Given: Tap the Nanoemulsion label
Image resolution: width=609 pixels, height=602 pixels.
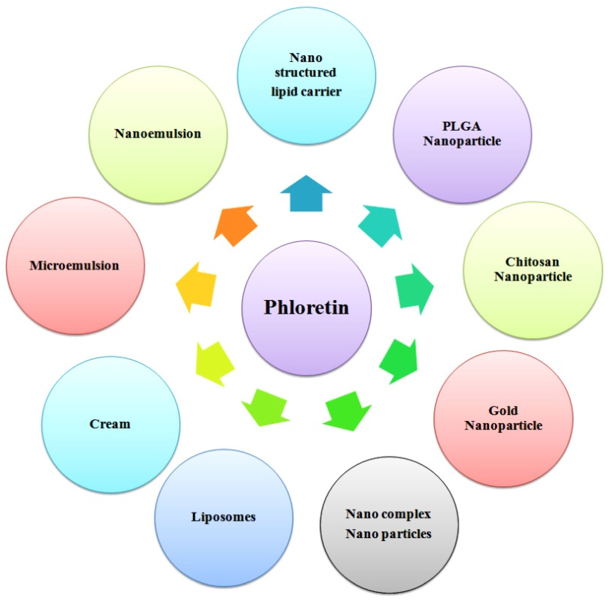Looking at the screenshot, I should click(x=158, y=134).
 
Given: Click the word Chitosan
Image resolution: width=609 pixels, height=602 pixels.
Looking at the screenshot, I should click(x=532, y=262).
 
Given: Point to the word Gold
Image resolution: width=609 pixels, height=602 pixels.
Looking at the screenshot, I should click(x=503, y=411).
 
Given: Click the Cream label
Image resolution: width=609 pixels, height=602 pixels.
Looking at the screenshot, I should click(x=110, y=424).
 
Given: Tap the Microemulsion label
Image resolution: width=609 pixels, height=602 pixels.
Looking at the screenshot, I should click(x=74, y=265).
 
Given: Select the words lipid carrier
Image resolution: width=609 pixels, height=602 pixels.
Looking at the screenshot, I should click(x=306, y=92).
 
